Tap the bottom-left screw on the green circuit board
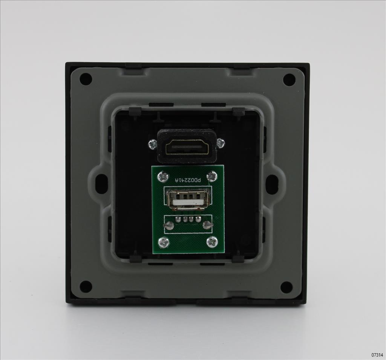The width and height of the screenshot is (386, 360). click(x=163, y=242)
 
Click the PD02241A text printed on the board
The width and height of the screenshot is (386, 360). click(x=188, y=180)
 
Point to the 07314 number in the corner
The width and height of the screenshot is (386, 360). click(x=377, y=355)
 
